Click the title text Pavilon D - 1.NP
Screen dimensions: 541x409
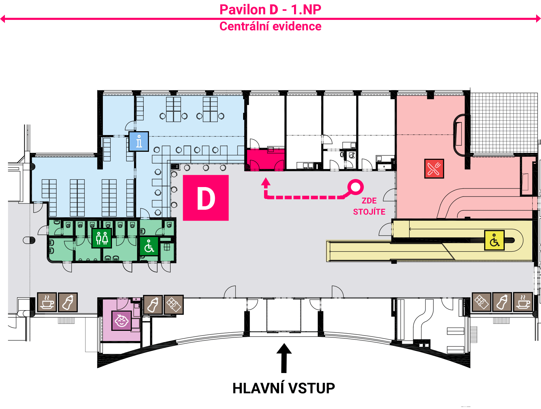pos(270,10)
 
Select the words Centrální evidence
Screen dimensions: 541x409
pos(270,27)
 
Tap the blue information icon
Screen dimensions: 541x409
pos(139,141)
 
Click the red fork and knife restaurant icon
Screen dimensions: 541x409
pos(434,169)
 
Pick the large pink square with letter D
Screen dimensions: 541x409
pos(206,198)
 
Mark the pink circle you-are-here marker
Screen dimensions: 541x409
pos(355,187)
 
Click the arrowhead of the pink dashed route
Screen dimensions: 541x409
pos(266,182)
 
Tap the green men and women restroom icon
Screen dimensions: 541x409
pos(102,238)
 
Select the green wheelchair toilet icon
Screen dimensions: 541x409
pos(149,246)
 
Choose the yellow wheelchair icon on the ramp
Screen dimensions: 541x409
pos(494,240)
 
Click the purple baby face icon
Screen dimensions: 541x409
pos(121,321)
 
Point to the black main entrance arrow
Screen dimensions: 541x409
pos(284,358)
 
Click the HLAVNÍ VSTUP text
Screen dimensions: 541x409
pos(284,388)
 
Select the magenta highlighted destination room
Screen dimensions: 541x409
pos(266,159)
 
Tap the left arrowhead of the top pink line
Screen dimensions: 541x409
pos(3,19)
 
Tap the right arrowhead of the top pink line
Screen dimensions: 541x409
pos(538,19)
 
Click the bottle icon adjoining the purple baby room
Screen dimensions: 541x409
pos(153,305)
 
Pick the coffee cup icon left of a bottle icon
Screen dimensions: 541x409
pos(47,302)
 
